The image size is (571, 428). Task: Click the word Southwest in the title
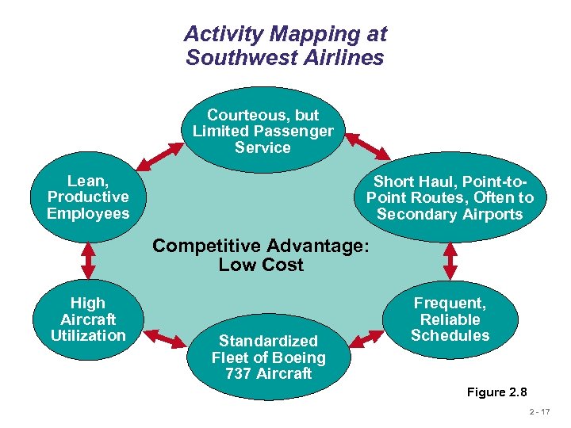pos(230,58)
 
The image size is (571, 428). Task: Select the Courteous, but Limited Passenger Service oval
pos(263,130)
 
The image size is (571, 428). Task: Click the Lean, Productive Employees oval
pos(88,197)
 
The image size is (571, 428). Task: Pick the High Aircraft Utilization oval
pos(87,319)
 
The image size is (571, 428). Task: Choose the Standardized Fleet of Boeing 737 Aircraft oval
pos(268,357)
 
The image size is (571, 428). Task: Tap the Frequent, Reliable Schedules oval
pos(450,319)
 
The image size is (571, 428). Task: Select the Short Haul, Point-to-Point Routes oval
pos(450,197)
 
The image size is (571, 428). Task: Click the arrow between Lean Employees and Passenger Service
pos(155,155)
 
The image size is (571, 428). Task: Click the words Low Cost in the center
pos(261,265)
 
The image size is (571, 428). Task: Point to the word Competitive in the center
pos(209,246)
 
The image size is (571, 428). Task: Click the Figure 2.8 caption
pos(496,392)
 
